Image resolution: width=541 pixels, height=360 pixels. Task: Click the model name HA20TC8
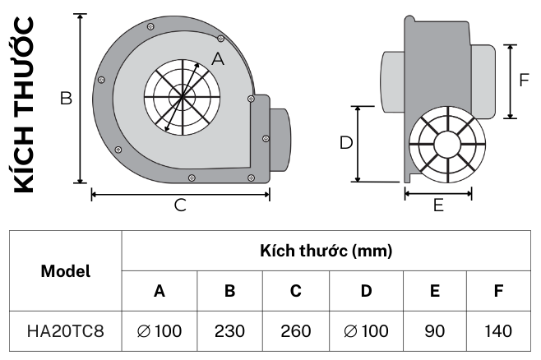(66, 331)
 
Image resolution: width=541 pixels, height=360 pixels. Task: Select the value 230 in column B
(229, 331)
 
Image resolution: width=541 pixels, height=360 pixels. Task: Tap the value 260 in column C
(296, 331)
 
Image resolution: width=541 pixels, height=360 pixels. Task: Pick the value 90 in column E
(435, 331)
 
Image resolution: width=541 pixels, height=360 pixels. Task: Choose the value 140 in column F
(498, 331)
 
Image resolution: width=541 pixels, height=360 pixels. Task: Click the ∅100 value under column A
(160, 331)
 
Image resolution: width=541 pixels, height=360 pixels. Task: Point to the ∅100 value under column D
(366, 331)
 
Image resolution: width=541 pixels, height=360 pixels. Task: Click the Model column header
(66, 271)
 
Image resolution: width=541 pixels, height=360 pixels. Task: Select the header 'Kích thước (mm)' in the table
(326, 251)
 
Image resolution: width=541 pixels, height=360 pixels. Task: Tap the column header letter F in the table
(498, 291)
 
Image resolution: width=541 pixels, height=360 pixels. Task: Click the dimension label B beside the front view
(66, 99)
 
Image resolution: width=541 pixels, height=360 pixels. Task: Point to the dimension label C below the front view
(180, 205)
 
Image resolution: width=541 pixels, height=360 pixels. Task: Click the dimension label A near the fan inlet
(218, 59)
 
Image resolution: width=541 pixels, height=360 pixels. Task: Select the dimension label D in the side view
(346, 142)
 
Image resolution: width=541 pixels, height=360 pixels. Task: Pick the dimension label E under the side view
(438, 205)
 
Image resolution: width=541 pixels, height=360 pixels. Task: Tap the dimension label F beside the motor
(524, 80)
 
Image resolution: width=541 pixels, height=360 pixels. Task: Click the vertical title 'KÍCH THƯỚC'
(24, 104)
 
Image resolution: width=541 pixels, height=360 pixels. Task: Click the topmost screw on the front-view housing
(150, 26)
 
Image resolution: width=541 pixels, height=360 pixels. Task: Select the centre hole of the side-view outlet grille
(447, 144)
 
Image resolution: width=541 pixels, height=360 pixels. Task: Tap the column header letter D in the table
(366, 291)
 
